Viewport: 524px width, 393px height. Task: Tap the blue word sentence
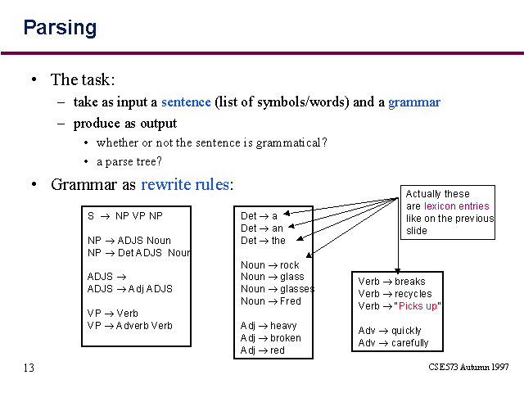pyautogui.click(x=186, y=102)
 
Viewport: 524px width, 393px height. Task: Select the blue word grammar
pyautogui.click(x=414, y=102)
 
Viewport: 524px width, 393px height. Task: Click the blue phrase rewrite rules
pyautogui.click(x=185, y=184)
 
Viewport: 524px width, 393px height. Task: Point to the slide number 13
pyautogui.click(x=29, y=368)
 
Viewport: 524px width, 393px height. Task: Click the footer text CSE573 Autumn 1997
pyautogui.click(x=468, y=367)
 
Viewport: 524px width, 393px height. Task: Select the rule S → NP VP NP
pyautogui.click(x=125, y=216)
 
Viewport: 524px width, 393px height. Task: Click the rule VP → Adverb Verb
pyautogui.click(x=129, y=326)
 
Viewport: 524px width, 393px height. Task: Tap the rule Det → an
pyautogui.click(x=262, y=228)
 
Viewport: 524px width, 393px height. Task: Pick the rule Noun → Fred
pyautogui.click(x=271, y=301)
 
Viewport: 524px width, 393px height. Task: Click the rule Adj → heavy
pyautogui.click(x=269, y=326)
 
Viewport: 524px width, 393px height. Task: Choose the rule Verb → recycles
pyautogui.click(x=395, y=294)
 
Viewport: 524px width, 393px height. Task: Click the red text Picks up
pyautogui.click(x=418, y=306)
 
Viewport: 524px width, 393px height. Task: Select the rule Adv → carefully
pyautogui.click(x=393, y=343)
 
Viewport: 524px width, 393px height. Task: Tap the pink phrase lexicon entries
pyautogui.click(x=457, y=206)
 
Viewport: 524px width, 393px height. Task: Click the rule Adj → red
pyautogui.click(x=263, y=350)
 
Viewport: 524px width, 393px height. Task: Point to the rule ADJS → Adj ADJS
pyautogui.click(x=130, y=289)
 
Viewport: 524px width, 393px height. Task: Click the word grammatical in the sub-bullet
pyautogui.click(x=288, y=143)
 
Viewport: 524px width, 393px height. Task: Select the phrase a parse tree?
pyautogui.click(x=129, y=162)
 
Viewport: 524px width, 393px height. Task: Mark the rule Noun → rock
pyautogui.click(x=270, y=265)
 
